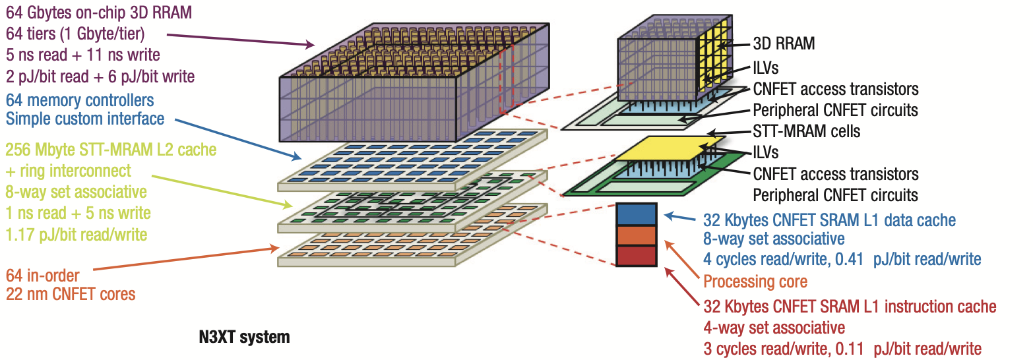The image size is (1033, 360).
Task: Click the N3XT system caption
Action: tap(244, 338)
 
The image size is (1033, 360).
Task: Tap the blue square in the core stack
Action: tap(636, 214)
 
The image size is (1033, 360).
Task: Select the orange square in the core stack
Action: tap(636, 235)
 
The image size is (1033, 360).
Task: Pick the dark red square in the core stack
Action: tap(636, 256)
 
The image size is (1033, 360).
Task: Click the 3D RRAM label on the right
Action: tap(784, 44)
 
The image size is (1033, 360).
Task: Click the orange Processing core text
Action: tap(755, 282)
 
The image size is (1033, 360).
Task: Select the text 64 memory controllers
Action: tap(80, 100)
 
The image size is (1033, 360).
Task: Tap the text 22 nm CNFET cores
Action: tap(71, 294)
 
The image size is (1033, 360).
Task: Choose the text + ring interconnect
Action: tap(69, 171)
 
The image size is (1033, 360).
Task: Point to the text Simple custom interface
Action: tap(85, 119)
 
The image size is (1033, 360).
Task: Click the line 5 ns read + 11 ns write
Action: tap(83, 54)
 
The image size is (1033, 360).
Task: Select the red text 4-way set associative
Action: tap(774, 328)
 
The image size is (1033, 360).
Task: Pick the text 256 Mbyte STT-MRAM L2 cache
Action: tap(111, 150)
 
